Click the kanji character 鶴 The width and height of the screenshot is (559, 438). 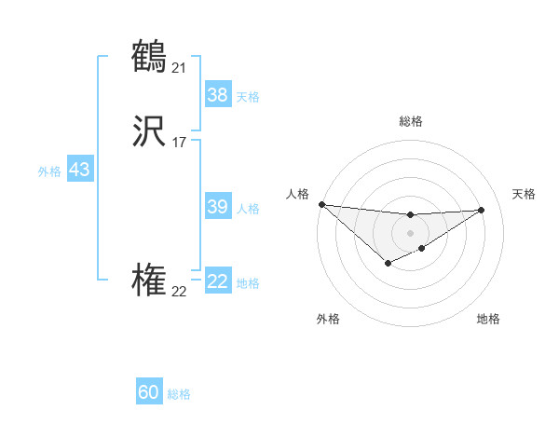149,57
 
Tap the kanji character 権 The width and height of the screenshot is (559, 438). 149,281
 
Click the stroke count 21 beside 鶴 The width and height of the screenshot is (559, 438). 179,67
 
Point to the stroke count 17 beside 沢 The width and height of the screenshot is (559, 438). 179,143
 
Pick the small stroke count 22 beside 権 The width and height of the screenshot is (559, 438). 179,292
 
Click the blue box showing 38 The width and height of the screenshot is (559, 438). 218,94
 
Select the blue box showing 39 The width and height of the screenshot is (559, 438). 218,207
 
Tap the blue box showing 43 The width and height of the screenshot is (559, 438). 79,170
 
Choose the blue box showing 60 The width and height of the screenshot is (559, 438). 149,392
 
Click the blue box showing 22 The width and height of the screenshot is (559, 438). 218,281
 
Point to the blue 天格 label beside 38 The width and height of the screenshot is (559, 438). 248,96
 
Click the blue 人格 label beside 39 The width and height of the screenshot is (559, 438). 248,209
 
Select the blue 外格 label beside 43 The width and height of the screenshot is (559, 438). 49,171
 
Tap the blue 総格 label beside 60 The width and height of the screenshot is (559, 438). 179,394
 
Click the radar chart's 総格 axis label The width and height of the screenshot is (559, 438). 410,121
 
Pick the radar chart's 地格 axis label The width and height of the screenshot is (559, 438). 488,319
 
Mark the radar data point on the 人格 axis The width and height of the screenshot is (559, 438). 321,204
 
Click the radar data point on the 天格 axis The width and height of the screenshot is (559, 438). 482,210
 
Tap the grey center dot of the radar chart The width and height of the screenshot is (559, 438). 410,232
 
